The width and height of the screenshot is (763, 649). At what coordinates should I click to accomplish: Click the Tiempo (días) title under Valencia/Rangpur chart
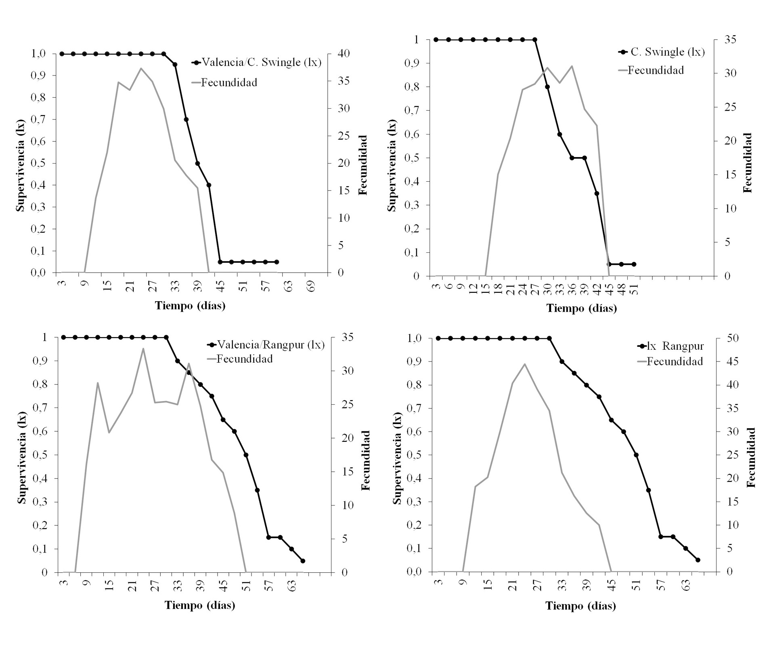200,605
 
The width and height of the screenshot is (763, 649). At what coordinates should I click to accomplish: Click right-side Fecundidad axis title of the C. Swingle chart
747,162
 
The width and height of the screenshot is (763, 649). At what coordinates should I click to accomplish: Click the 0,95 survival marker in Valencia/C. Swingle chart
175,65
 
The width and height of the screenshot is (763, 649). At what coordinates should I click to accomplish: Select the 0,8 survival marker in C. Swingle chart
547,87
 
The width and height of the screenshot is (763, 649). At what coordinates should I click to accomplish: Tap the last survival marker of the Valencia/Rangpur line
303,561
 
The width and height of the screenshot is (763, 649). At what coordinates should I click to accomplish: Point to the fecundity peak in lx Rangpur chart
524,364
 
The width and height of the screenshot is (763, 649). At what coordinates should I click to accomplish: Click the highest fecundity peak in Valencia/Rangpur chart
143,348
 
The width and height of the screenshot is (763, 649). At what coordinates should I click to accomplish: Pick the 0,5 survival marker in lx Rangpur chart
636,455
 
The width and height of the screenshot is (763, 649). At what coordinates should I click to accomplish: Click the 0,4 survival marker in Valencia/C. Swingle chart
209,185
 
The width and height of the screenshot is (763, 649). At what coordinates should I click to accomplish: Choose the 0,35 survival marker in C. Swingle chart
597,193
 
